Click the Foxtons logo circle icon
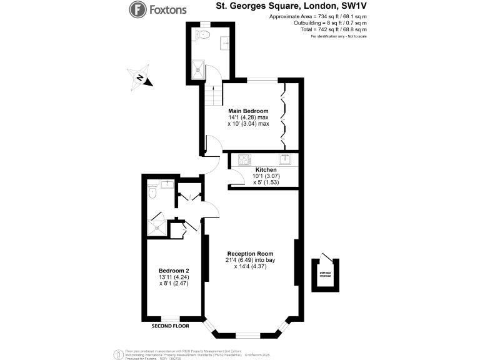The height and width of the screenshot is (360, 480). coord(137,9)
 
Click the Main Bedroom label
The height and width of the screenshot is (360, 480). coord(248,111)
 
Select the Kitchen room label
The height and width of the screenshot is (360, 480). coord(266,169)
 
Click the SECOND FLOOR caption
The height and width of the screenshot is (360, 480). coord(170,326)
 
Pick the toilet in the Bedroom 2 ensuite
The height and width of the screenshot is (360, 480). coord(152,194)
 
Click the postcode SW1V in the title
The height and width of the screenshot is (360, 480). coord(354,9)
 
